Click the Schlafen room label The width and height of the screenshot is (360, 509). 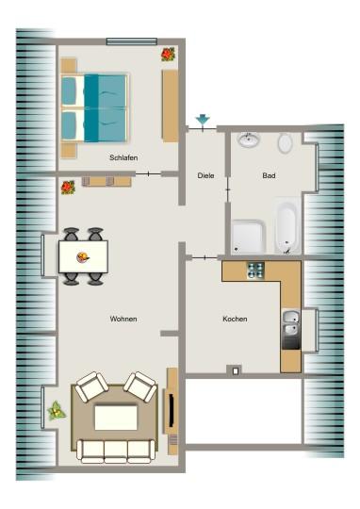coord(123,158)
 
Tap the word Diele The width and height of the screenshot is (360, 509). coord(205,175)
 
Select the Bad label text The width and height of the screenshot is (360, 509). coord(267,175)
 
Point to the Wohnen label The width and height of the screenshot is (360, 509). coord(123,320)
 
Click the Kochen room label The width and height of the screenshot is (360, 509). coord(235,320)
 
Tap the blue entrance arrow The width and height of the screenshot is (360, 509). coord(202,121)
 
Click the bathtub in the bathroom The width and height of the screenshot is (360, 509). coord(286,226)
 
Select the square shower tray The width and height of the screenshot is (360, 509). coord(248,236)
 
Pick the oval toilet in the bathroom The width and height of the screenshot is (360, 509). coord(285,143)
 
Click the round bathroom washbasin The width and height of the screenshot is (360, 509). coord(249,140)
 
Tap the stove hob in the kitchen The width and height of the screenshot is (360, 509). coord(255,271)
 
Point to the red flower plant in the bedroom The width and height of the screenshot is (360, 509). coord(168,55)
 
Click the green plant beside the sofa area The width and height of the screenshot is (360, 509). coord(57,410)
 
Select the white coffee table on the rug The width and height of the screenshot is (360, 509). coord(115,417)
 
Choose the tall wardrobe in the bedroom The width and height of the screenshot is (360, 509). coord(171,106)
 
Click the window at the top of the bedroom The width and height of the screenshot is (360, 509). coord(132,41)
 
